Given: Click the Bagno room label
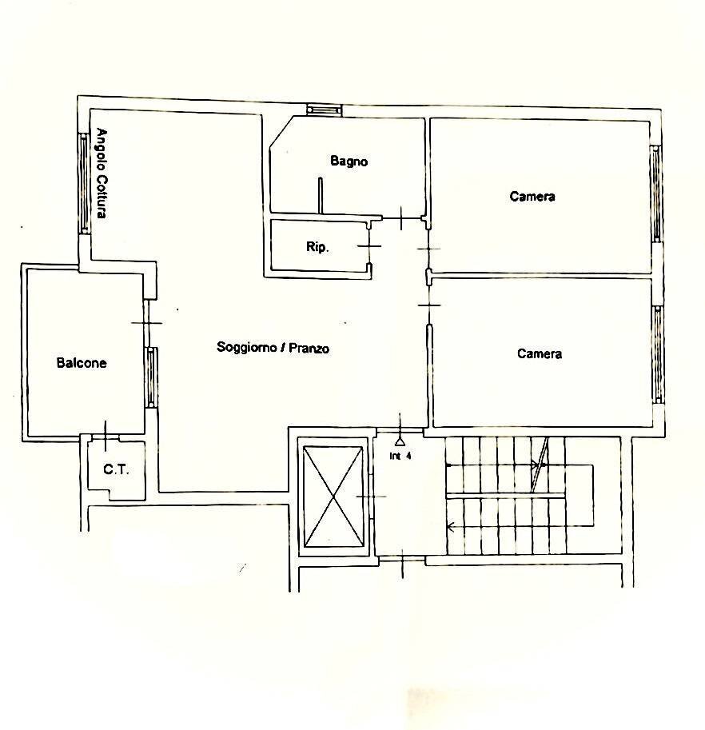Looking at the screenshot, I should point(349,161).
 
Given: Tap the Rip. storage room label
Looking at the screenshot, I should point(317,247).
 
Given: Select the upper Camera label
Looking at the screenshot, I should point(532,196).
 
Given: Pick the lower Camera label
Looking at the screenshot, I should point(540,353).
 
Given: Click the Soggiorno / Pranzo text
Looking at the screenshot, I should point(273,348).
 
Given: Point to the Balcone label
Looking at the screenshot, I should point(82,362).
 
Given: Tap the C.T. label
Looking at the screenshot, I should point(116,469).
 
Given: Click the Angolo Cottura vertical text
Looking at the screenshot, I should point(102,174).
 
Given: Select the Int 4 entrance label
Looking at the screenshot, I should point(400,457).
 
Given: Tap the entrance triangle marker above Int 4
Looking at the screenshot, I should point(400,438).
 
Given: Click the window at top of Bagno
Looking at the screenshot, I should point(325,110).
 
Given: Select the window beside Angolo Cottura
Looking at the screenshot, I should point(83,182).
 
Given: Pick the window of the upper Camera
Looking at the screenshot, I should point(655,193).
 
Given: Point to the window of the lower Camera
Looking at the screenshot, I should point(657,353).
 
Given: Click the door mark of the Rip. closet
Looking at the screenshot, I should point(369,245).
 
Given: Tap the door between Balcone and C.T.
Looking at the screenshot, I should point(105,434).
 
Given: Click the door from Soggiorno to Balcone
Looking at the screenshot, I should point(146,322).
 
